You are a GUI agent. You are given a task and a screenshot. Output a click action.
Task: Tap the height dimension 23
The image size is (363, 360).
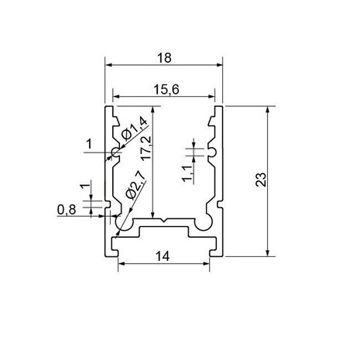click(x=260, y=180)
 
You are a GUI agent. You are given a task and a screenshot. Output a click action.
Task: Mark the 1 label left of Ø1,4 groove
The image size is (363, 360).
click(x=89, y=143)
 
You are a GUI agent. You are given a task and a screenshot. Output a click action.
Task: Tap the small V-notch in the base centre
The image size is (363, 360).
click(x=164, y=221)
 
